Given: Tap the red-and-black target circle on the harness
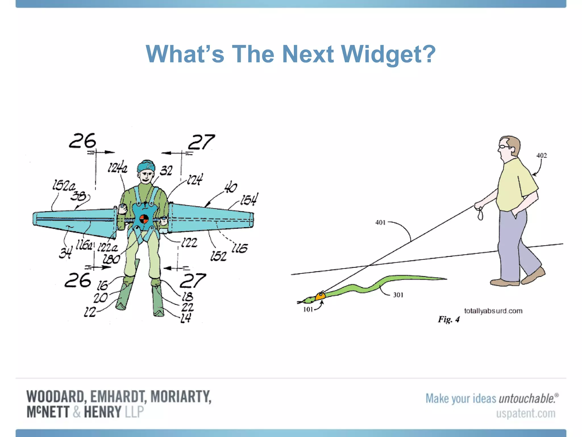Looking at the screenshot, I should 144,219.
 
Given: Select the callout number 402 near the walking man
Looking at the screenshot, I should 541,156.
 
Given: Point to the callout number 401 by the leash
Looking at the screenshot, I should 380,222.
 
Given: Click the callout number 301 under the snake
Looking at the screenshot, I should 398,295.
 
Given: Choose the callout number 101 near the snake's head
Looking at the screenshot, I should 308,310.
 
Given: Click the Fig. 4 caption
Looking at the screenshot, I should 448,319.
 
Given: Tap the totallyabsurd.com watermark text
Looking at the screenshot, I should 493,311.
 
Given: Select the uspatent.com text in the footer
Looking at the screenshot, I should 525,413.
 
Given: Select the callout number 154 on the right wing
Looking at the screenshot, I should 249,199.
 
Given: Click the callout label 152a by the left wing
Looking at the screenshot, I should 64,186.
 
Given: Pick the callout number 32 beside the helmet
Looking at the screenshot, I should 166,171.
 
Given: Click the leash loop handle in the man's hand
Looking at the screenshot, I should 480,214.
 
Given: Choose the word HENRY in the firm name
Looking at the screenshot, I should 102,412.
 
